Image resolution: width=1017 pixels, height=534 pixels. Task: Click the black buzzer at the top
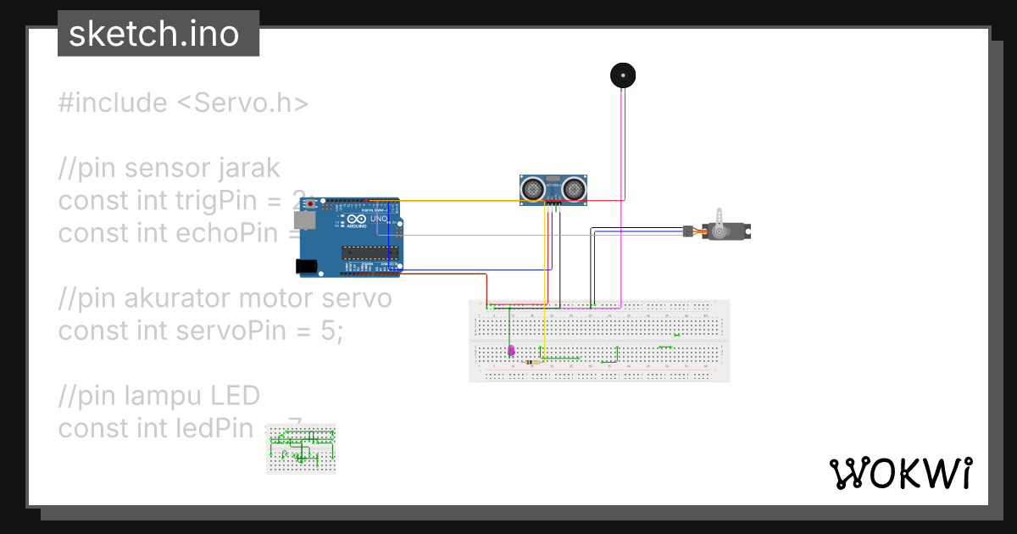coord(623,75)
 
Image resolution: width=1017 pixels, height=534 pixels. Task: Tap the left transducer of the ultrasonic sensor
coord(534,188)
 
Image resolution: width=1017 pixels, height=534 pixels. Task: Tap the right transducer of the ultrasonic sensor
coord(575,188)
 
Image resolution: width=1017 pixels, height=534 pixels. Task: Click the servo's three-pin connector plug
coord(687,231)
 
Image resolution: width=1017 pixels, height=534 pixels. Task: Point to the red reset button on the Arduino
coord(310,204)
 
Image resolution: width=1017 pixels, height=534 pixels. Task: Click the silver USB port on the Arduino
coord(303,220)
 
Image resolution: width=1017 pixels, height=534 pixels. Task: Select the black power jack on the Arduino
coord(307,266)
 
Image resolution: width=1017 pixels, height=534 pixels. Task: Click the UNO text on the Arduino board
coord(378,219)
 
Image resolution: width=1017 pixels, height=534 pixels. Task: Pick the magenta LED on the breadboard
coord(510,350)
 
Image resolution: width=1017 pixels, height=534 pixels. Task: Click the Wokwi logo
coord(900,472)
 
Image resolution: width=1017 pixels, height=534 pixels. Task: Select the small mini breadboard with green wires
coord(301,448)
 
